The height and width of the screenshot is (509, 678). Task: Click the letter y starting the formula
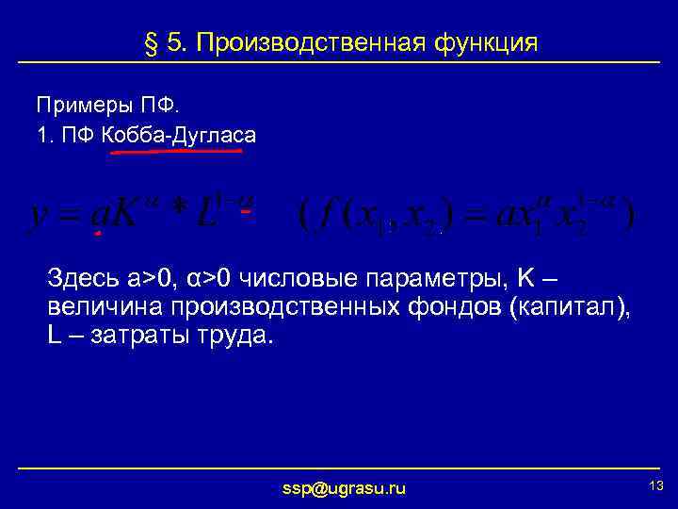pyautogui.click(x=40, y=214)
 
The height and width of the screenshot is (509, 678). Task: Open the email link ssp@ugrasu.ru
pyautogui.click(x=345, y=488)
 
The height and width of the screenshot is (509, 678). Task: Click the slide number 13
pyautogui.click(x=656, y=485)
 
